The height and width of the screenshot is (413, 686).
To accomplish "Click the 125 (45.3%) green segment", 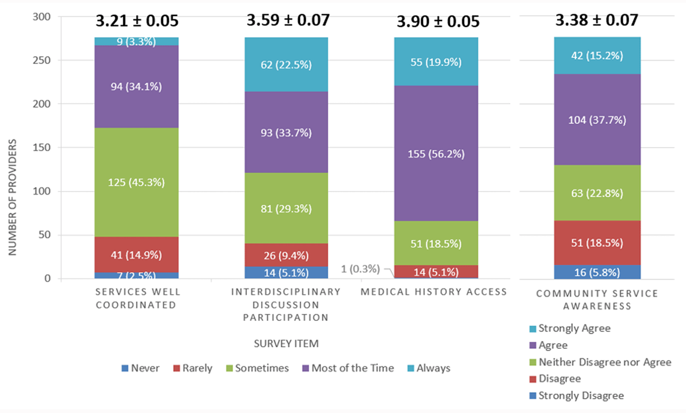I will (x=137, y=182).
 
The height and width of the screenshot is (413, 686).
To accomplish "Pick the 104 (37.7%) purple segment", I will (x=588, y=120).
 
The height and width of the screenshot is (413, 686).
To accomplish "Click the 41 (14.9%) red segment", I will (x=137, y=254).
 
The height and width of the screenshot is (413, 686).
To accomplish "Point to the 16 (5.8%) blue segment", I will (x=588, y=272).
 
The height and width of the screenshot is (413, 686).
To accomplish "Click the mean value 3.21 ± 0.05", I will (x=137, y=22).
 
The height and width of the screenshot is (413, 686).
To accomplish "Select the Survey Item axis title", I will (x=286, y=344).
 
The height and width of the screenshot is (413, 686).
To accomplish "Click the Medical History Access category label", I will (x=434, y=292).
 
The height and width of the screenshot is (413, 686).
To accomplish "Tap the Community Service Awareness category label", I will (x=597, y=299).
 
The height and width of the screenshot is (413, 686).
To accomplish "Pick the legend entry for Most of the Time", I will (x=347, y=368).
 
